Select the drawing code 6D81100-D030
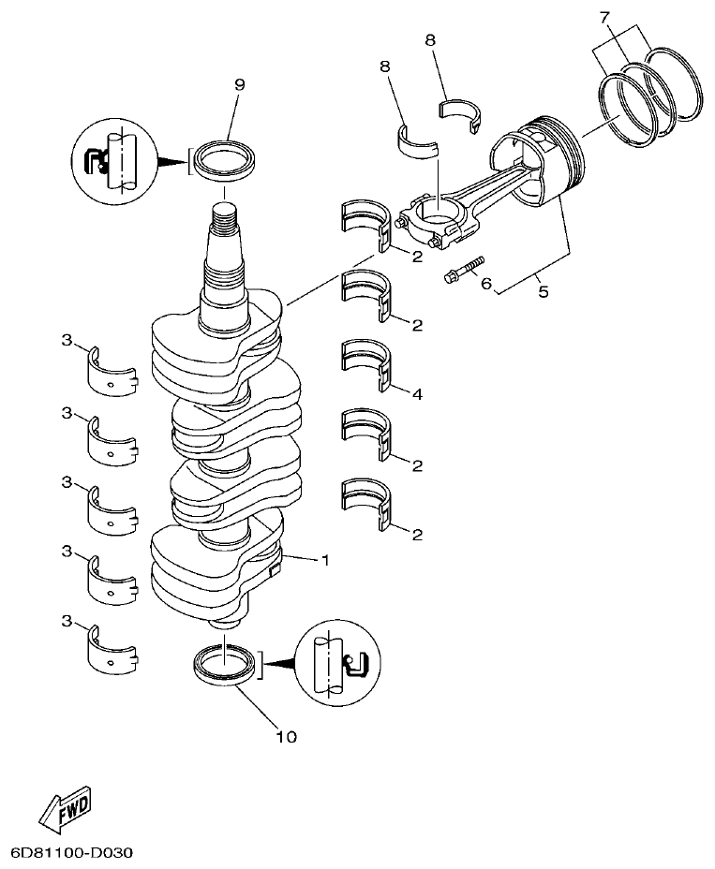[x=73, y=853]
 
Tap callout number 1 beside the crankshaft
[x=325, y=561]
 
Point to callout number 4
[x=416, y=394]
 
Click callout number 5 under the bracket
[x=544, y=291]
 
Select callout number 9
[x=239, y=84]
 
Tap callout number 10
[x=286, y=737]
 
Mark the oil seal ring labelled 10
[x=226, y=664]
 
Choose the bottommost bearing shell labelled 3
[x=112, y=647]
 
